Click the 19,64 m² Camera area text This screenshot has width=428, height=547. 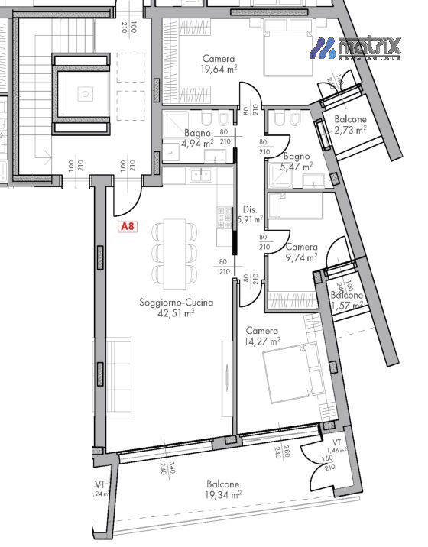[218, 70]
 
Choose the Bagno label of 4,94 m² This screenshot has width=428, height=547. [196, 133]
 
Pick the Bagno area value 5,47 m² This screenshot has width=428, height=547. [297, 166]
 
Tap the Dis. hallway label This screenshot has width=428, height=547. [248, 209]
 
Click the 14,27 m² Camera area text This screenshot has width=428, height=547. [262, 341]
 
